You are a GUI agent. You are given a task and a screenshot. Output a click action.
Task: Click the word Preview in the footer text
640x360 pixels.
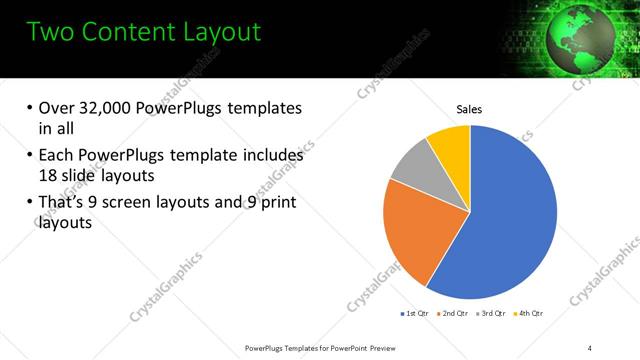[x=391, y=347]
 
